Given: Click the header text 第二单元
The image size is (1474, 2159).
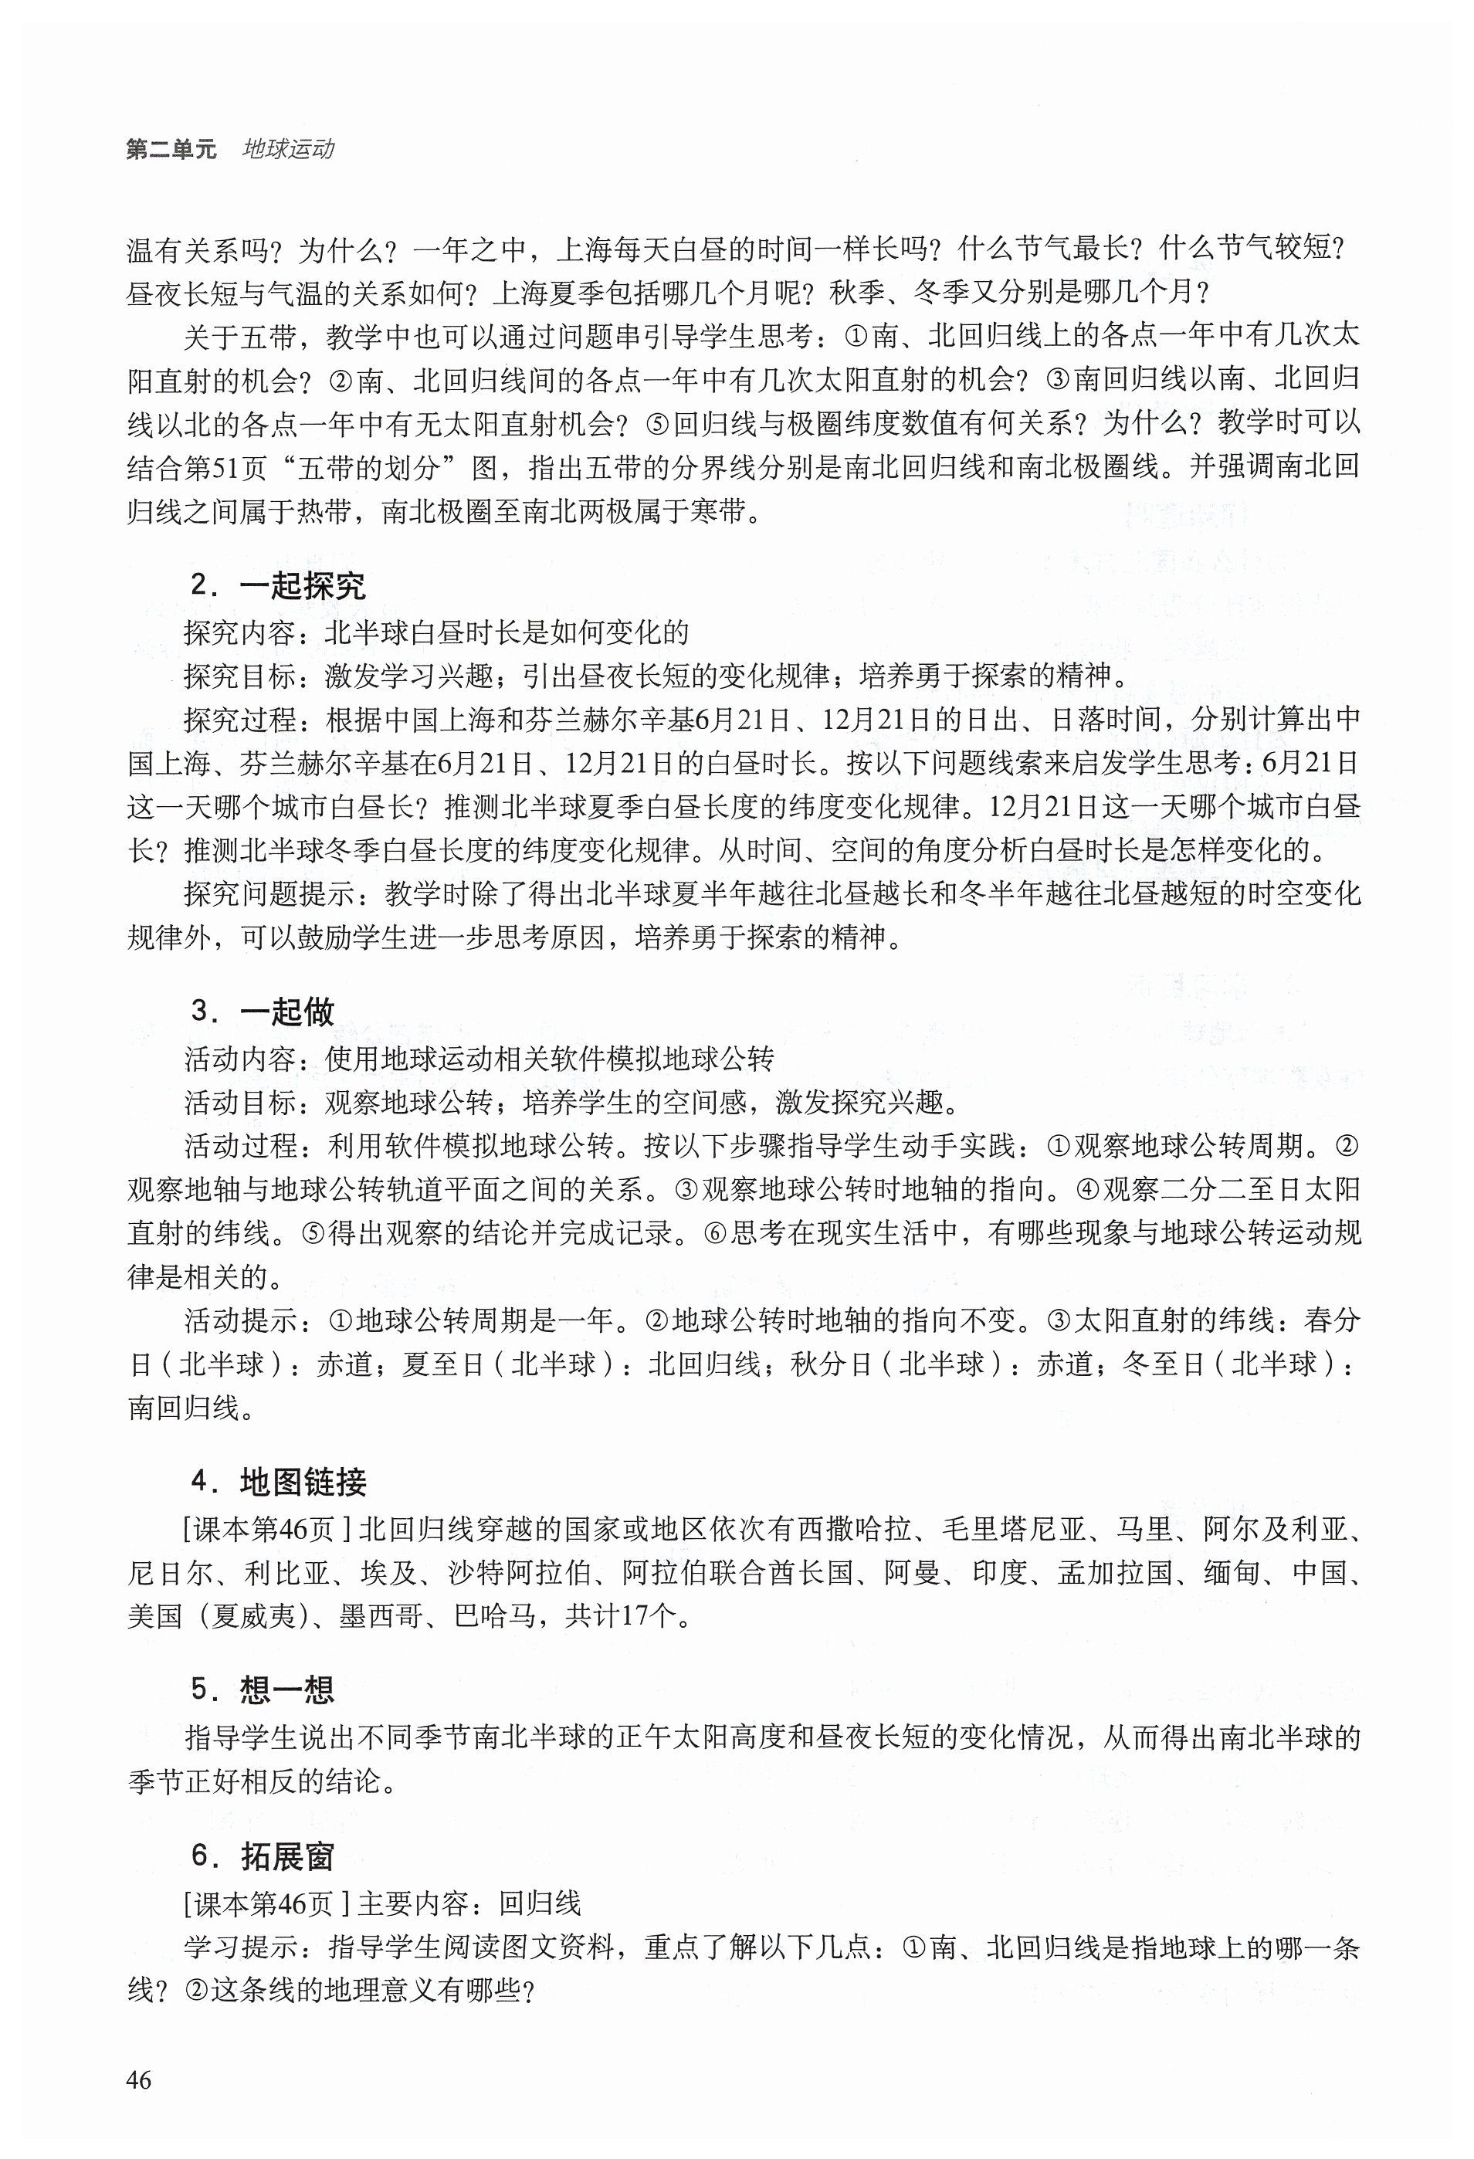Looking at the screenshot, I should pos(171,150).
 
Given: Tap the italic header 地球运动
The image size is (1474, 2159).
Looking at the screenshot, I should pos(288,150).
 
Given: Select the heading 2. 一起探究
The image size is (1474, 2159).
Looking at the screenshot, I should pos(278,585).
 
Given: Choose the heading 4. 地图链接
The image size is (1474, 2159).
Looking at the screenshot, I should pos(278,1482).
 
